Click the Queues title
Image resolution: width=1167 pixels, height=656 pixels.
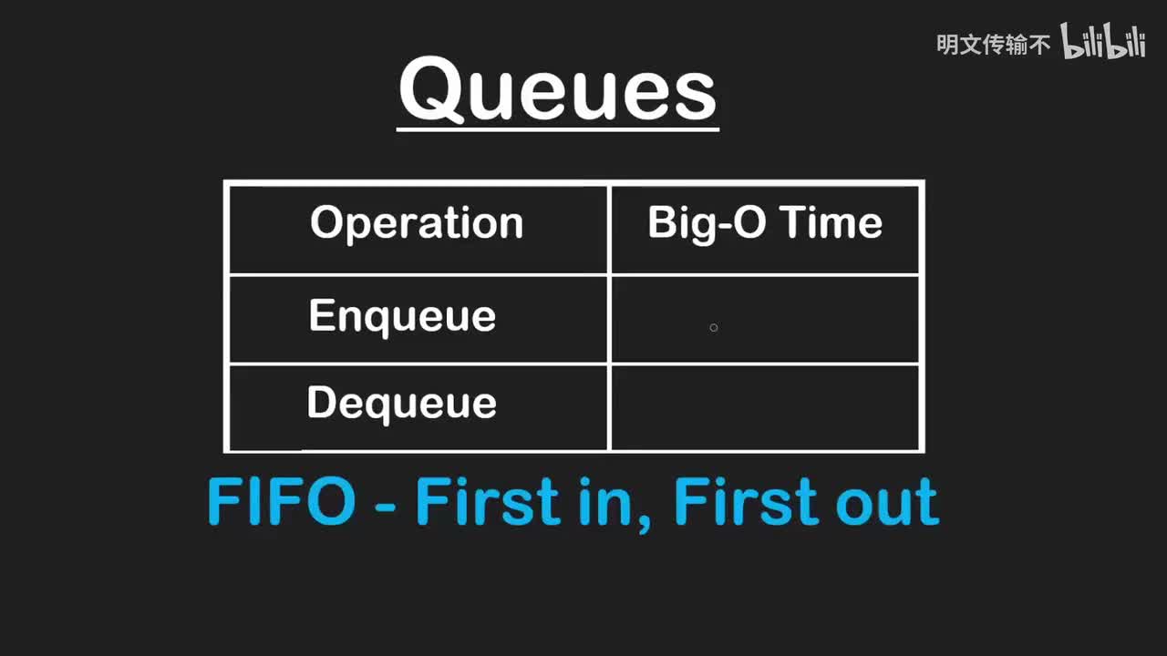click(558, 89)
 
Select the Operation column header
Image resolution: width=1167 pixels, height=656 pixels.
click(417, 223)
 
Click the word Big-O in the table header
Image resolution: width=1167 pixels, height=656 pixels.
click(707, 223)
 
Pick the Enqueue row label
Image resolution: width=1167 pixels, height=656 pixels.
click(402, 316)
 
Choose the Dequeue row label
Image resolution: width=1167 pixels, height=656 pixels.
click(402, 404)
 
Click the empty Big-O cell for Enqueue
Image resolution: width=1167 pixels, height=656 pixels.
click(765, 319)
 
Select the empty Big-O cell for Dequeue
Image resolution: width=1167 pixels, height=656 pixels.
click(765, 407)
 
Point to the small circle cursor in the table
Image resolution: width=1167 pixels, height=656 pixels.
click(714, 327)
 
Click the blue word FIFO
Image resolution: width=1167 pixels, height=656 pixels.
click(282, 501)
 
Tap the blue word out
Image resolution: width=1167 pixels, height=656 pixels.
click(887, 501)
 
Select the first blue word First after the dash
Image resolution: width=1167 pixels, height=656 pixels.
click(488, 501)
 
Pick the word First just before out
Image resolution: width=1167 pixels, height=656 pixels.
click(746, 501)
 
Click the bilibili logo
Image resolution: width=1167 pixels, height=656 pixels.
click(1103, 41)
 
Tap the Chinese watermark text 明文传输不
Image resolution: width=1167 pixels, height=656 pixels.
click(993, 45)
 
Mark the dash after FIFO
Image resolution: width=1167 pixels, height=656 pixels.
click(386, 505)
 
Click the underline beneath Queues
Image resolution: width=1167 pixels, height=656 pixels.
click(558, 128)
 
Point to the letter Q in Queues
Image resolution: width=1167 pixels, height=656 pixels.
click(431, 90)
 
